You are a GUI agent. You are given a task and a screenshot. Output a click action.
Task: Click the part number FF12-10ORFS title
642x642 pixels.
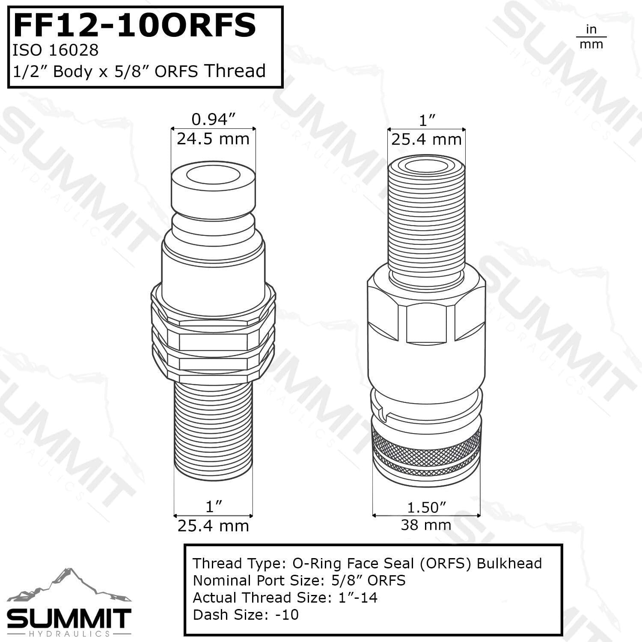pyautogui.click(x=135, y=26)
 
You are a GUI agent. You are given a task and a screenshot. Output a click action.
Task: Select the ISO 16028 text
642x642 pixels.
pyautogui.click(x=56, y=51)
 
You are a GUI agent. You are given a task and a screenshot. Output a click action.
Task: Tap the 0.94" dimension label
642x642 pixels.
pyautogui.click(x=214, y=119)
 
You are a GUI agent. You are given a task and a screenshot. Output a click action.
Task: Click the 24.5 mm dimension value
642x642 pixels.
pyautogui.click(x=213, y=139)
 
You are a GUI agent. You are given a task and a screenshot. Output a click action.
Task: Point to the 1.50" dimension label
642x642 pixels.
pyautogui.click(x=426, y=507)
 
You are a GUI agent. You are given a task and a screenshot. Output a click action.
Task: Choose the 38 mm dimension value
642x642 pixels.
pyautogui.click(x=426, y=525)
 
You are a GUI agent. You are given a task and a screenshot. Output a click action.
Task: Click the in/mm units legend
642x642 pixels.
pyautogui.click(x=591, y=37)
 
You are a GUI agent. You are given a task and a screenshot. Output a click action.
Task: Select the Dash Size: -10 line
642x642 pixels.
pyautogui.click(x=246, y=615)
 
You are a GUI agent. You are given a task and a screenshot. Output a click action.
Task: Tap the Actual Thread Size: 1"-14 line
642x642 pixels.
pyautogui.click(x=285, y=597)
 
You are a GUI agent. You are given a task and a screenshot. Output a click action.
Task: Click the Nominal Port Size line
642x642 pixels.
pyautogui.click(x=299, y=580)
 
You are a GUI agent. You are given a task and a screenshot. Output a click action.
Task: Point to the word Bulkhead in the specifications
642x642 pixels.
pyautogui.click(x=509, y=563)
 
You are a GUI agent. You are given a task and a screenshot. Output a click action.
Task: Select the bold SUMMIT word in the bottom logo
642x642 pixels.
pyautogui.click(x=68, y=618)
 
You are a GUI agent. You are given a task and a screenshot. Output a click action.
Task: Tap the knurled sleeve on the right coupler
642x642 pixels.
pyautogui.click(x=426, y=445)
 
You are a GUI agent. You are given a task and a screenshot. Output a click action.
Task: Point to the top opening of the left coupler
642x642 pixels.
pyautogui.click(x=213, y=175)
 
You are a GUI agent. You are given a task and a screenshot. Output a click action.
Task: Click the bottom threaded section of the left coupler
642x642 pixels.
pyautogui.click(x=213, y=428)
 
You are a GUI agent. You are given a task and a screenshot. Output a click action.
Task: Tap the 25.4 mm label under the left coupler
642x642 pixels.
pyautogui.click(x=213, y=526)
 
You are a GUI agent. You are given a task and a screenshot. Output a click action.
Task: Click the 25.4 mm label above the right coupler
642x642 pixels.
pyautogui.click(x=426, y=140)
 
